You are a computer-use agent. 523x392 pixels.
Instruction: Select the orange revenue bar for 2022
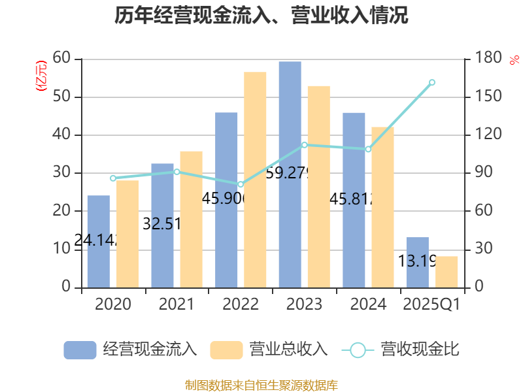tap(255, 180)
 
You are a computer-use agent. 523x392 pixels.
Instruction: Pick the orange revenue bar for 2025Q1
tap(447, 272)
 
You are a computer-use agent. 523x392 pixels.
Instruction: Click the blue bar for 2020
tap(98, 241)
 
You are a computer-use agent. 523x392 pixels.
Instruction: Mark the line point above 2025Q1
tap(432, 82)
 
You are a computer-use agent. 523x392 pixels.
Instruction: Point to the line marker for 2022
tap(241, 185)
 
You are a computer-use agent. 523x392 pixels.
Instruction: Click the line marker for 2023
tap(304, 144)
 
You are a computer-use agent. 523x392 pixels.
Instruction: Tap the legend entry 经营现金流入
tap(130, 350)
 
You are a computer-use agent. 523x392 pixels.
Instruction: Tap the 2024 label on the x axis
tap(368, 304)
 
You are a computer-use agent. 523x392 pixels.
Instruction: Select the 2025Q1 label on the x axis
tap(432, 304)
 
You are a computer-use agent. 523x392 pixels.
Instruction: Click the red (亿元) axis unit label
tap(41, 75)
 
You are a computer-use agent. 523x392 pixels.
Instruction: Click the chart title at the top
tap(261, 16)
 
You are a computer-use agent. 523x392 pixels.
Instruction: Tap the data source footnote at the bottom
tap(261, 385)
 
